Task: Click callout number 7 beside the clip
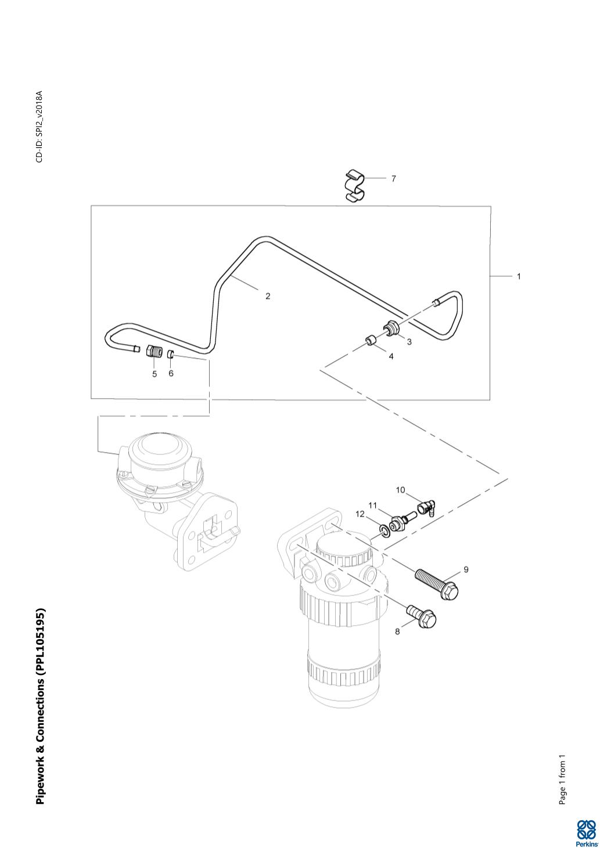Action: [393, 179]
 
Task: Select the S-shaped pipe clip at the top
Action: [355, 186]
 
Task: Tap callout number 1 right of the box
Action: [519, 276]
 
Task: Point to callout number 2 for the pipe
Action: [268, 296]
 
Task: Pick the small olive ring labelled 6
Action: [171, 353]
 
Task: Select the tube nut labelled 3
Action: [391, 329]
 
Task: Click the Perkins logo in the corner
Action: [585, 832]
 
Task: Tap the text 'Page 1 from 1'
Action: [562, 780]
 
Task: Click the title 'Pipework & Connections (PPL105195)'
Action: [40, 706]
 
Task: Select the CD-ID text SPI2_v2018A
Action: [39, 127]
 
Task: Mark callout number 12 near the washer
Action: [361, 514]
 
